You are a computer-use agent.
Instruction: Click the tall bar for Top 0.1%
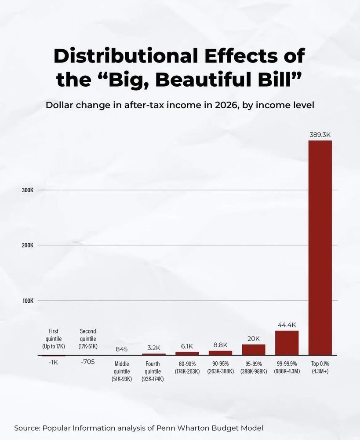(320, 248)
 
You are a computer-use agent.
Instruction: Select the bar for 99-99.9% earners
(287, 343)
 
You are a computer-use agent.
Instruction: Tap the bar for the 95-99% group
(254, 349)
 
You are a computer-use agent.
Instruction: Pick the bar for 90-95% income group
(220, 352)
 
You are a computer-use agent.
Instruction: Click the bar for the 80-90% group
(187, 353)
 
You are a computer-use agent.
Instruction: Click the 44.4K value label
(287, 325)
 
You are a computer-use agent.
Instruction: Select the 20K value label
(254, 338)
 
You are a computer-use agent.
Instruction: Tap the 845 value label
(121, 349)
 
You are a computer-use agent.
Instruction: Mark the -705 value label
(88, 362)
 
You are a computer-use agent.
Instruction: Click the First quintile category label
(54, 339)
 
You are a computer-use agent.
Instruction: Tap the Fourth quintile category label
(153, 371)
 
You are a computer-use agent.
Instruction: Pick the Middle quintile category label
(122, 371)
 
